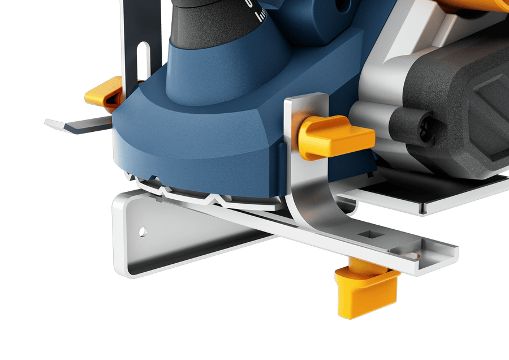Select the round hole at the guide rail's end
coord(412,256)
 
